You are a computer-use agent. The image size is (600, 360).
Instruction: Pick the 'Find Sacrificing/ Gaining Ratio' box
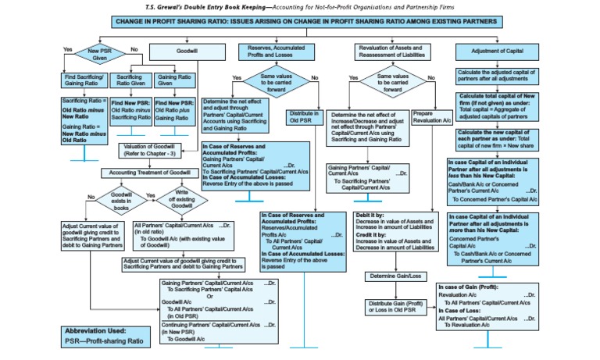point(84,82)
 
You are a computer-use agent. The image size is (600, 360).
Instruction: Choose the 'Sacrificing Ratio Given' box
point(129,82)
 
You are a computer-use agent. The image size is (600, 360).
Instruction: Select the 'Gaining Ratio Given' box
point(173,82)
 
